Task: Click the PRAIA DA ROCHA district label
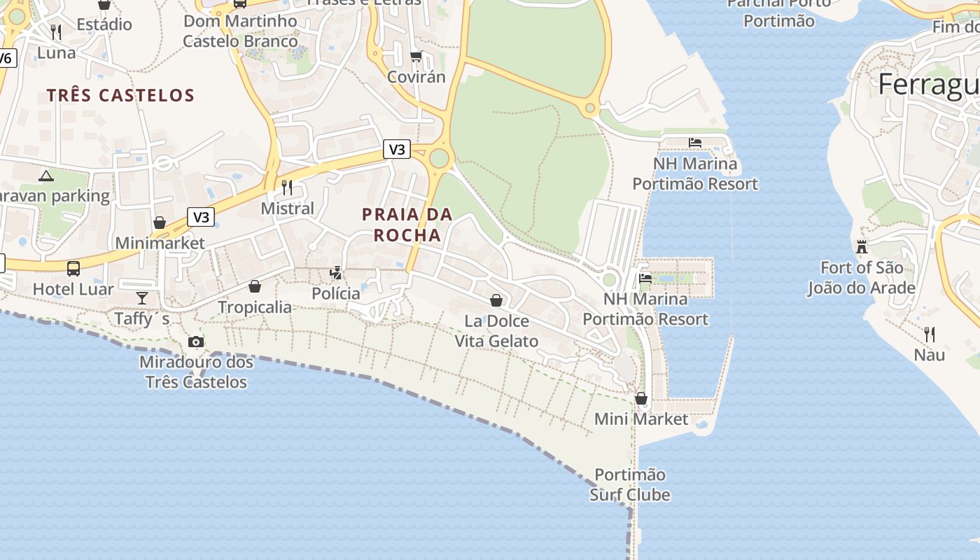(x=407, y=225)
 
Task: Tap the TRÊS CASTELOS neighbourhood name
(x=120, y=95)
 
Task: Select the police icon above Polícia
(x=336, y=273)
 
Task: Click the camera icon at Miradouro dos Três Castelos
(x=196, y=342)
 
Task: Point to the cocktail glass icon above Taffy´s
(x=142, y=298)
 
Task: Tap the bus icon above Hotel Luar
(x=73, y=268)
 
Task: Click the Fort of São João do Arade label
(x=861, y=278)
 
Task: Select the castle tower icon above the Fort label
(x=861, y=246)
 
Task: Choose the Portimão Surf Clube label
(x=630, y=485)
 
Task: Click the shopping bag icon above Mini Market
(x=640, y=398)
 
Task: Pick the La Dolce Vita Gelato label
(x=496, y=331)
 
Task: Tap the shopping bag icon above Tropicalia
(x=255, y=286)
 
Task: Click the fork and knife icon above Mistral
(x=287, y=187)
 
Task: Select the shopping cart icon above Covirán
(x=416, y=56)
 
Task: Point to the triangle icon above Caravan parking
(x=46, y=176)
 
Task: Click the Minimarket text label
(x=160, y=243)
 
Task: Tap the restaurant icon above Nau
(x=929, y=334)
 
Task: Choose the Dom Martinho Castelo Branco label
(x=240, y=31)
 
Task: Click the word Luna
(x=56, y=52)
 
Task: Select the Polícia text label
(x=336, y=293)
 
